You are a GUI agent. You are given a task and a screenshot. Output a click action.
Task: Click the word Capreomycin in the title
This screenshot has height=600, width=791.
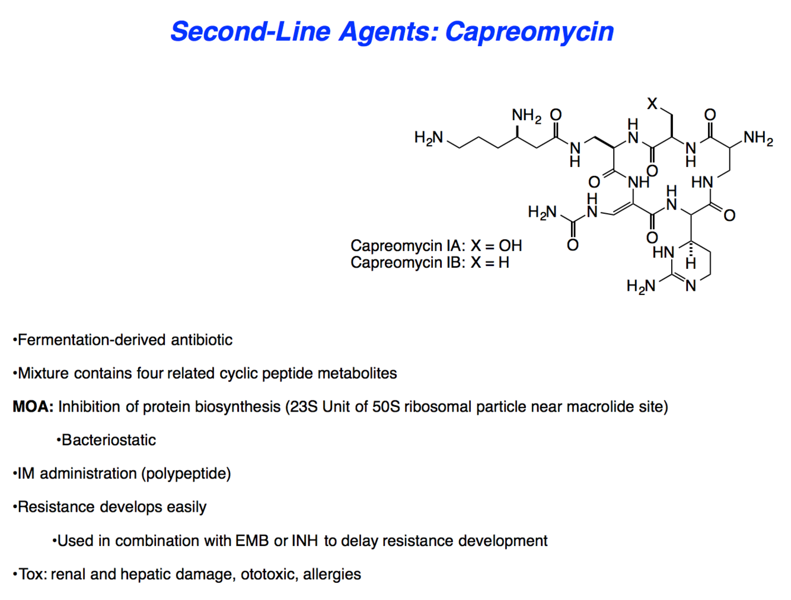click(529, 32)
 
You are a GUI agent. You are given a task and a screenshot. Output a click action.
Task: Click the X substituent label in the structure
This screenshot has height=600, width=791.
click(652, 104)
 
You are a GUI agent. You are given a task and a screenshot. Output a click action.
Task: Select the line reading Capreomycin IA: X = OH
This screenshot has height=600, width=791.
click(436, 246)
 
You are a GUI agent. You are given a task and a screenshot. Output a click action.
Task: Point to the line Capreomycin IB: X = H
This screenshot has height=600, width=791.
click(429, 262)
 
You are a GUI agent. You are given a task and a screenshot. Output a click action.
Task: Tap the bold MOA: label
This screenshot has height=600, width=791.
click(33, 407)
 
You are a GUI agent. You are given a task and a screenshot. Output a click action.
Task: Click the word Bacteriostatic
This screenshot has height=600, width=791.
click(109, 440)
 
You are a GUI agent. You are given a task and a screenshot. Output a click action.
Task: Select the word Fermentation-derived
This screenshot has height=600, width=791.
click(92, 340)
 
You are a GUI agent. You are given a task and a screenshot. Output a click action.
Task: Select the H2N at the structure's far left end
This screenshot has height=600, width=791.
click(428, 138)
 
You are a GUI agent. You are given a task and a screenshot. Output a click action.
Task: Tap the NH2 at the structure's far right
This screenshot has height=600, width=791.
click(758, 138)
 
